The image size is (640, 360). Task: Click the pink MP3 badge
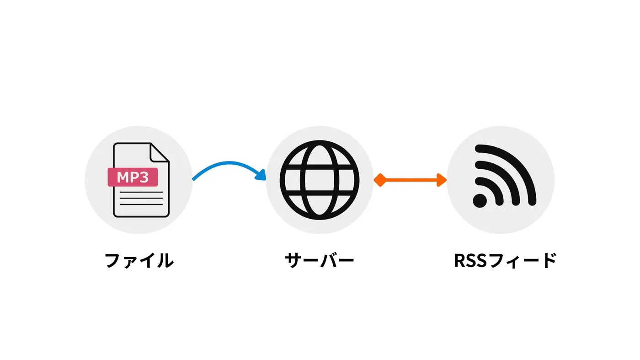[x=133, y=177]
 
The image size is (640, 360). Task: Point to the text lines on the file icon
[x=141, y=198]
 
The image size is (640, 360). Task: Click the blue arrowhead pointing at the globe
[x=261, y=175]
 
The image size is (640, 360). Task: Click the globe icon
[x=320, y=180]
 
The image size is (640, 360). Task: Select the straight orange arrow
[x=411, y=180]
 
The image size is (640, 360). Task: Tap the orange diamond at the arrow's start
[x=379, y=180]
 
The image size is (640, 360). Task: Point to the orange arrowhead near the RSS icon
[x=442, y=180]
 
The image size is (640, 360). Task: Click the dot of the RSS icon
[x=480, y=200]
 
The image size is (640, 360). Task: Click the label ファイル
[x=139, y=260]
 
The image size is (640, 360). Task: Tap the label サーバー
[x=320, y=260]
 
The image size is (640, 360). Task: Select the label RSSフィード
[x=505, y=260]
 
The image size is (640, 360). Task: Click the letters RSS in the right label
[x=471, y=260]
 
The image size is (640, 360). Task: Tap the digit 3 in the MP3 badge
[x=144, y=177]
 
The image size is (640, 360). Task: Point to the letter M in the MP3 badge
[x=122, y=177]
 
